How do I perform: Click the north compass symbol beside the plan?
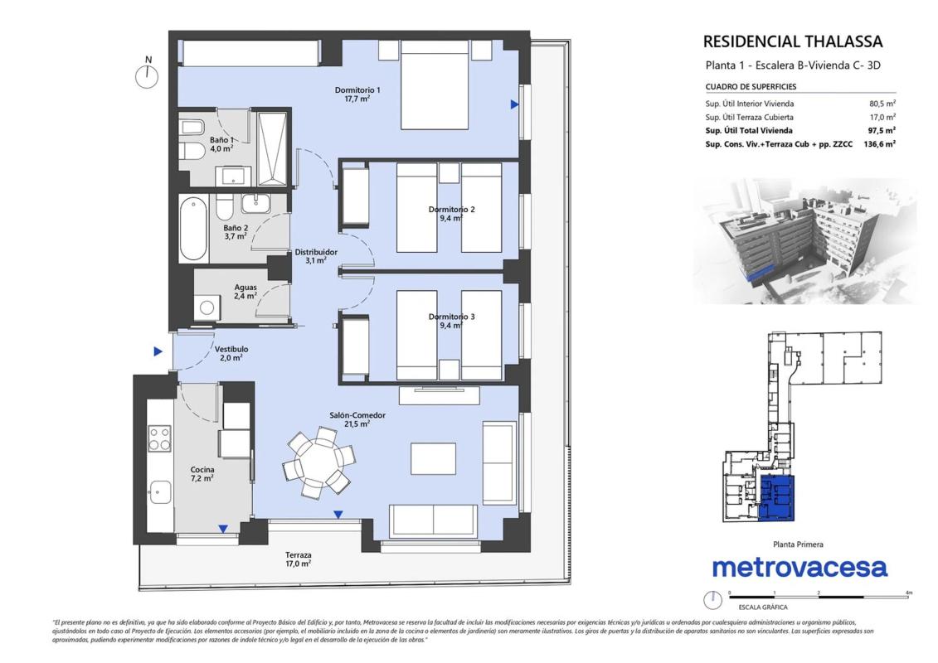point(147,76)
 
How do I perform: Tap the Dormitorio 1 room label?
point(357,94)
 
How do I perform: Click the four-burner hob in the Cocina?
point(160,438)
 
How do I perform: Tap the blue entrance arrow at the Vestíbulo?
point(158,351)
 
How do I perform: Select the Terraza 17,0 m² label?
point(298,559)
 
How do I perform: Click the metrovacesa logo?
point(799,568)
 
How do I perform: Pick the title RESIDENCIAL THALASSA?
point(793,41)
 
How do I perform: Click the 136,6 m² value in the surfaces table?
point(879,144)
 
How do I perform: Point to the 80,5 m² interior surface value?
point(882,104)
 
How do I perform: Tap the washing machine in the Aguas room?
point(207,308)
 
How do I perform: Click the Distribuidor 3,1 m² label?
point(316,256)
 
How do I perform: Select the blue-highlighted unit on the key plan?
point(777,498)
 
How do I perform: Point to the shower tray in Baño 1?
point(271,148)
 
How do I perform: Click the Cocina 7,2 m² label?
point(202,474)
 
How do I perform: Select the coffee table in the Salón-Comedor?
point(433,458)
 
